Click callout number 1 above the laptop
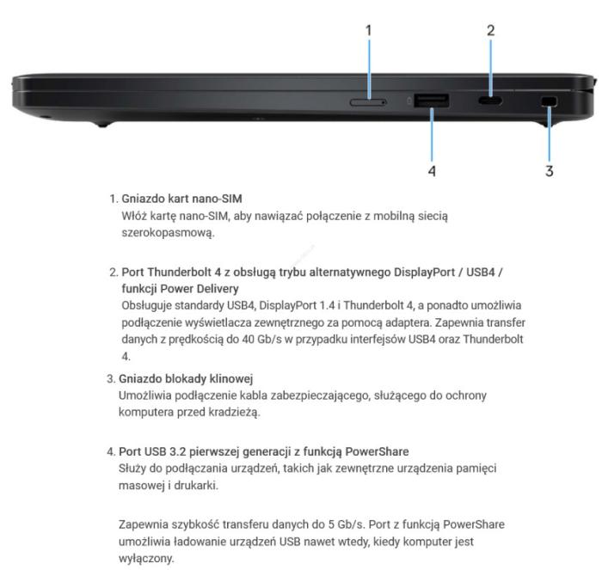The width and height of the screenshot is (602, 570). (x=369, y=30)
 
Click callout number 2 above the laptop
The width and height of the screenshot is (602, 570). (x=491, y=30)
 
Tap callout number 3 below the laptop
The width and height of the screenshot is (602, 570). (x=550, y=171)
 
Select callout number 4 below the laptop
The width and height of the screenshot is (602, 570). (x=432, y=171)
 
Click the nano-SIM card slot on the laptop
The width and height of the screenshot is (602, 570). (x=368, y=102)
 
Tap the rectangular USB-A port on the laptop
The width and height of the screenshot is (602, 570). (x=431, y=101)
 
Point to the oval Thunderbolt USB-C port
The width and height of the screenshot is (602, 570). (x=490, y=101)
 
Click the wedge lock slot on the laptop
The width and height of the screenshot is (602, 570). (x=550, y=101)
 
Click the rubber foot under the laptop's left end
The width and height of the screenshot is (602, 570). (x=102, y=124)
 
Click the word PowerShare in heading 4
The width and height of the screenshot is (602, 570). (x=377, y=451)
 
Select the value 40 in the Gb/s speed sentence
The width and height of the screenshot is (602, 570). (x=248, y=340)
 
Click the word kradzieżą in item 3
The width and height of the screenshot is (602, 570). (x=234, y=413)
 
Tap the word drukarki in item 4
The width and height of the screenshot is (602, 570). (x=196, y=486)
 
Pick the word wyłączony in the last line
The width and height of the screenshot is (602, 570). (x=146, y=559)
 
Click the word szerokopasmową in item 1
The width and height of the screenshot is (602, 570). (x=168, y=233)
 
